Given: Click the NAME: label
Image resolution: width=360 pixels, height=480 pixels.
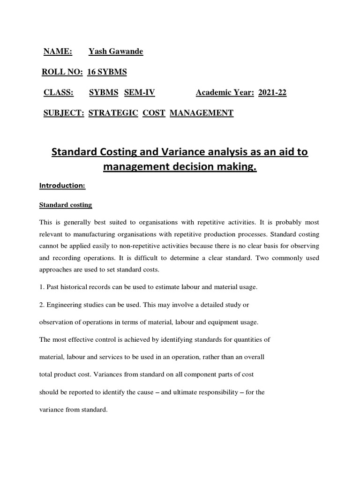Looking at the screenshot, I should point(58,52).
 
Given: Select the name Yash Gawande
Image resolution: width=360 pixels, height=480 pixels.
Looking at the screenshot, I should point(116,52).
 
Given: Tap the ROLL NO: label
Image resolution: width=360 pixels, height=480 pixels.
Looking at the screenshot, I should point(62,72).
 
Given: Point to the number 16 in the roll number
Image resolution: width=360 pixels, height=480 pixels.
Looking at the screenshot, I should point(92,72).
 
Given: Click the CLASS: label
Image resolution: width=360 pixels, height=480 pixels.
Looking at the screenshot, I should point(59,92).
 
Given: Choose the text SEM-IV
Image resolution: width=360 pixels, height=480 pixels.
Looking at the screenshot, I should point(139,92).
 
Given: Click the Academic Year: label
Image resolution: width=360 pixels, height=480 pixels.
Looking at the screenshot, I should point(225,92).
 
